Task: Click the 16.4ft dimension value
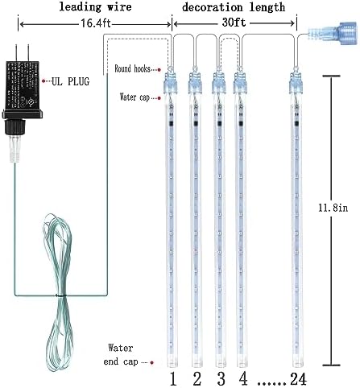96,23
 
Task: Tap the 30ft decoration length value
234,23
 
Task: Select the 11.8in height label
333,208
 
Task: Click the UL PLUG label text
71,81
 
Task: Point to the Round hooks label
132,68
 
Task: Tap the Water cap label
134,97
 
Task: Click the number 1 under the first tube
173,379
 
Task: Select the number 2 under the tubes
197,379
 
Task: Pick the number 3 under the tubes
221,379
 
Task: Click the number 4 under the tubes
243,379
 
